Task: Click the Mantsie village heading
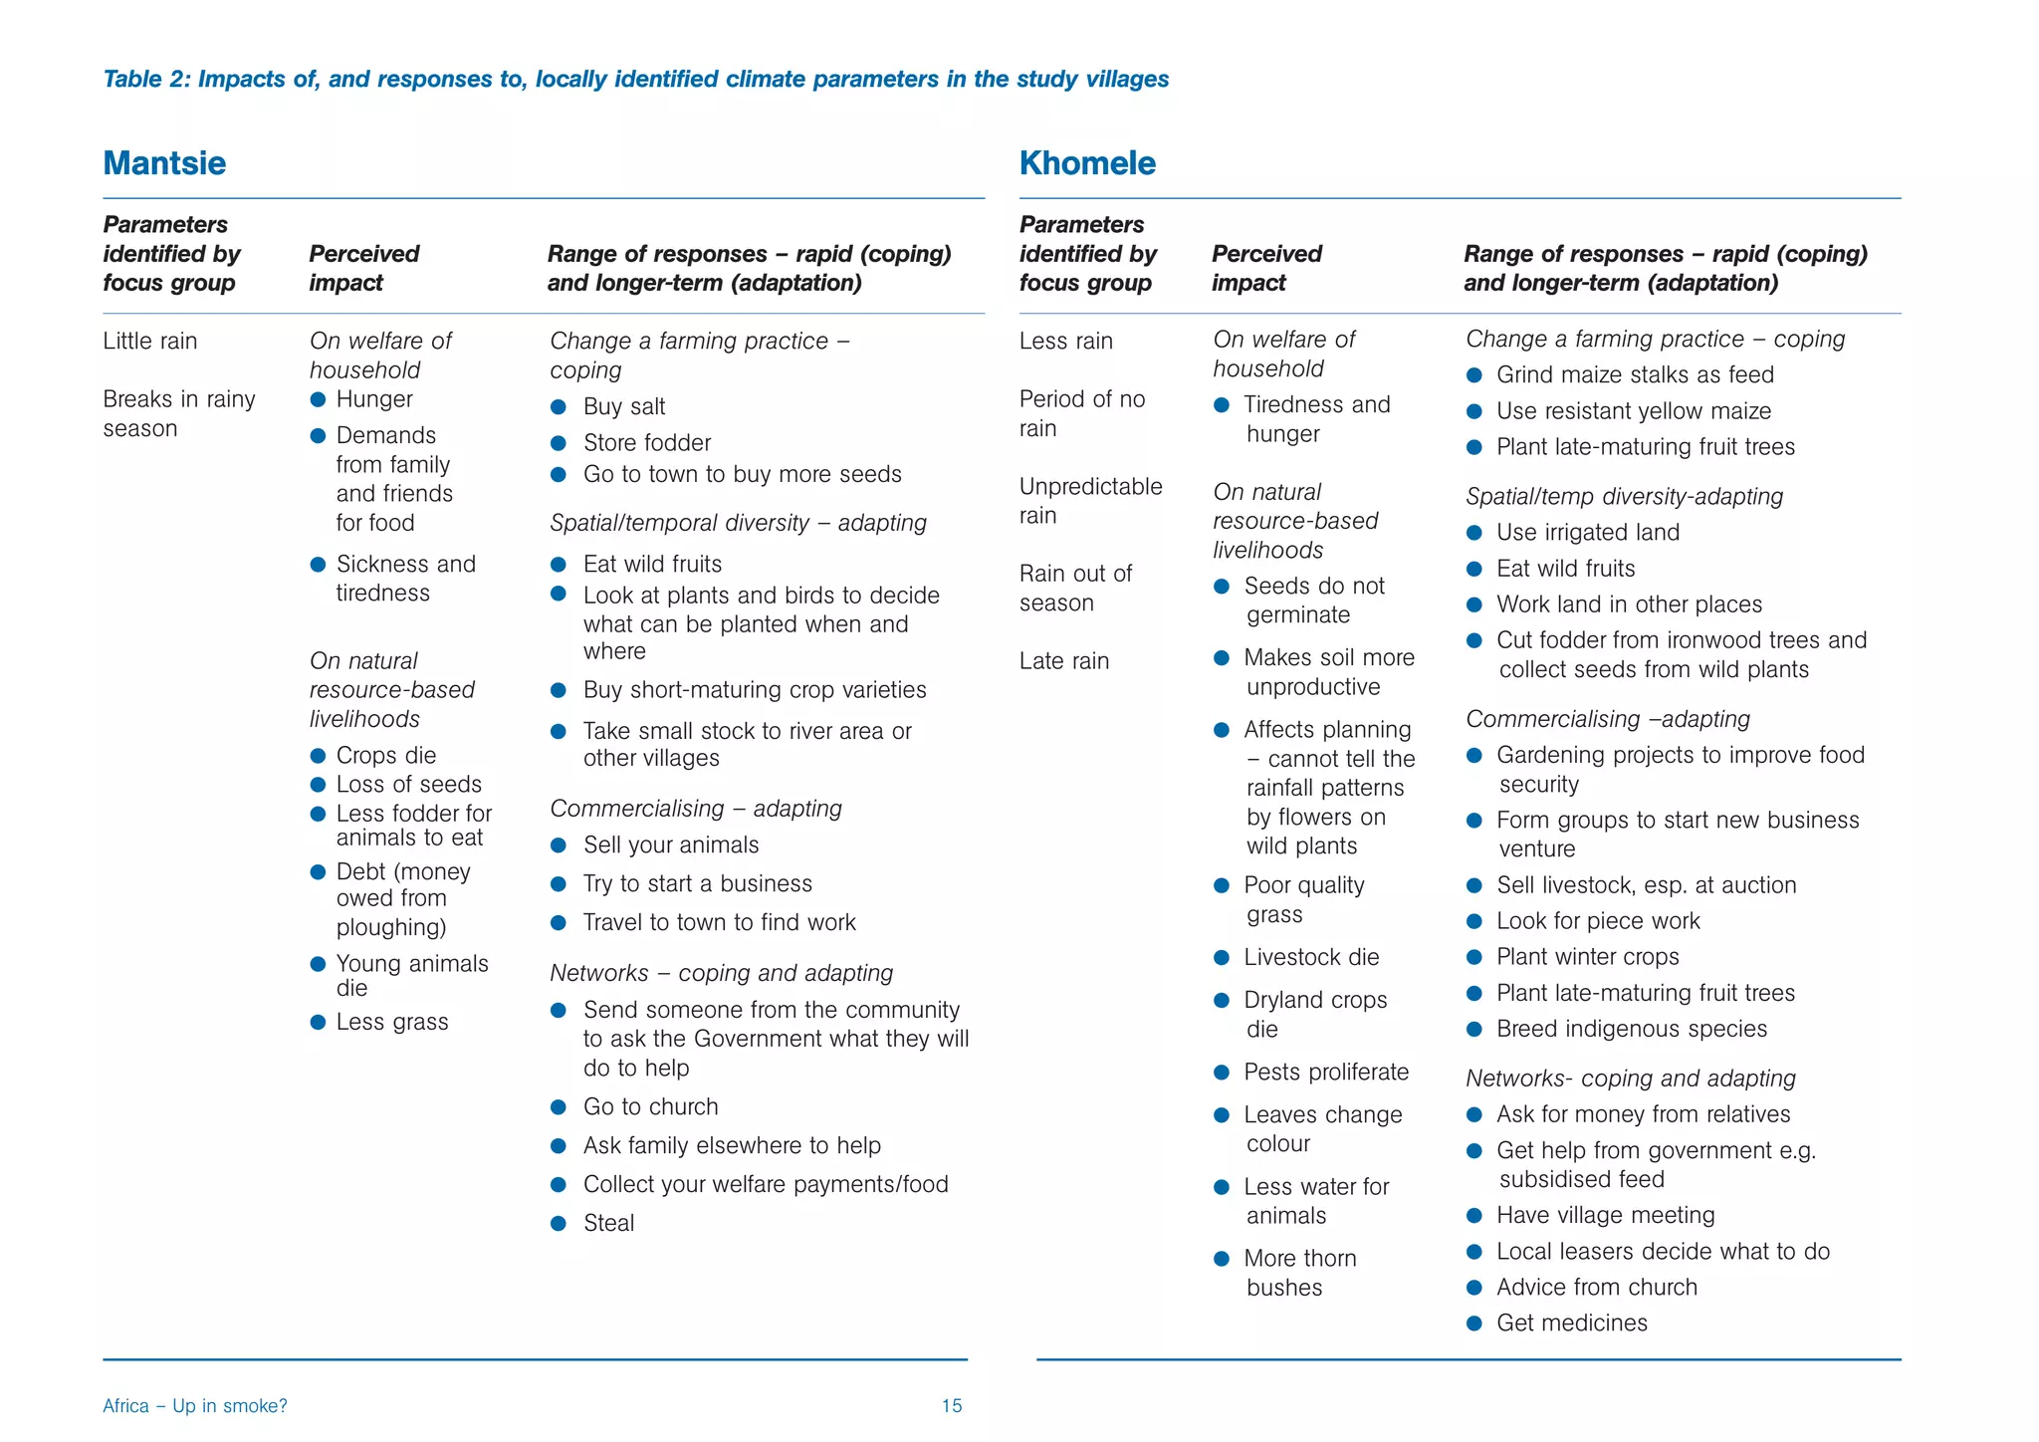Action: click(x=164, y=163)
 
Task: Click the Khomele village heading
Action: click(x=1087, y=163)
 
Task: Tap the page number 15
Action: click(x=951, y=1406)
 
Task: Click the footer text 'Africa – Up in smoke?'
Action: click(x=195, y=1406)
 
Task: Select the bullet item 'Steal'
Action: click(x=608, y=1223)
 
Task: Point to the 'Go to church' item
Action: click(x=650, y=1106)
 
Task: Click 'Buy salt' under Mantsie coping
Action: click(x=624, y=406)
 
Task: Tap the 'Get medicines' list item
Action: click(x=1571, y=1322)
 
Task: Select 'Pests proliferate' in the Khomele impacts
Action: click(x=1326, y=1072)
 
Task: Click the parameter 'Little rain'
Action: click(x=150, y=341)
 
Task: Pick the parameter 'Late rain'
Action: click(x=1063, y=660)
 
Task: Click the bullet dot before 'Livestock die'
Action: click(x=1222, y=958)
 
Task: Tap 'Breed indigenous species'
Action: click(x=1631, y=1029)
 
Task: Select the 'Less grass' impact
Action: click(x=391, y=1022)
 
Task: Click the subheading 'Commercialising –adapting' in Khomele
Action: click(x=1607, y=719)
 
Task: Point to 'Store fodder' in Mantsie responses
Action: click(x=647, y=442)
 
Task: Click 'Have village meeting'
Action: click(x=1605, y=1215)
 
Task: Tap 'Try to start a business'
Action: click(x=697, y=883)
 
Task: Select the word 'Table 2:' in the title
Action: click(x=146, y=79)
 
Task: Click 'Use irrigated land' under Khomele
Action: click(x=1587, y=532)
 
